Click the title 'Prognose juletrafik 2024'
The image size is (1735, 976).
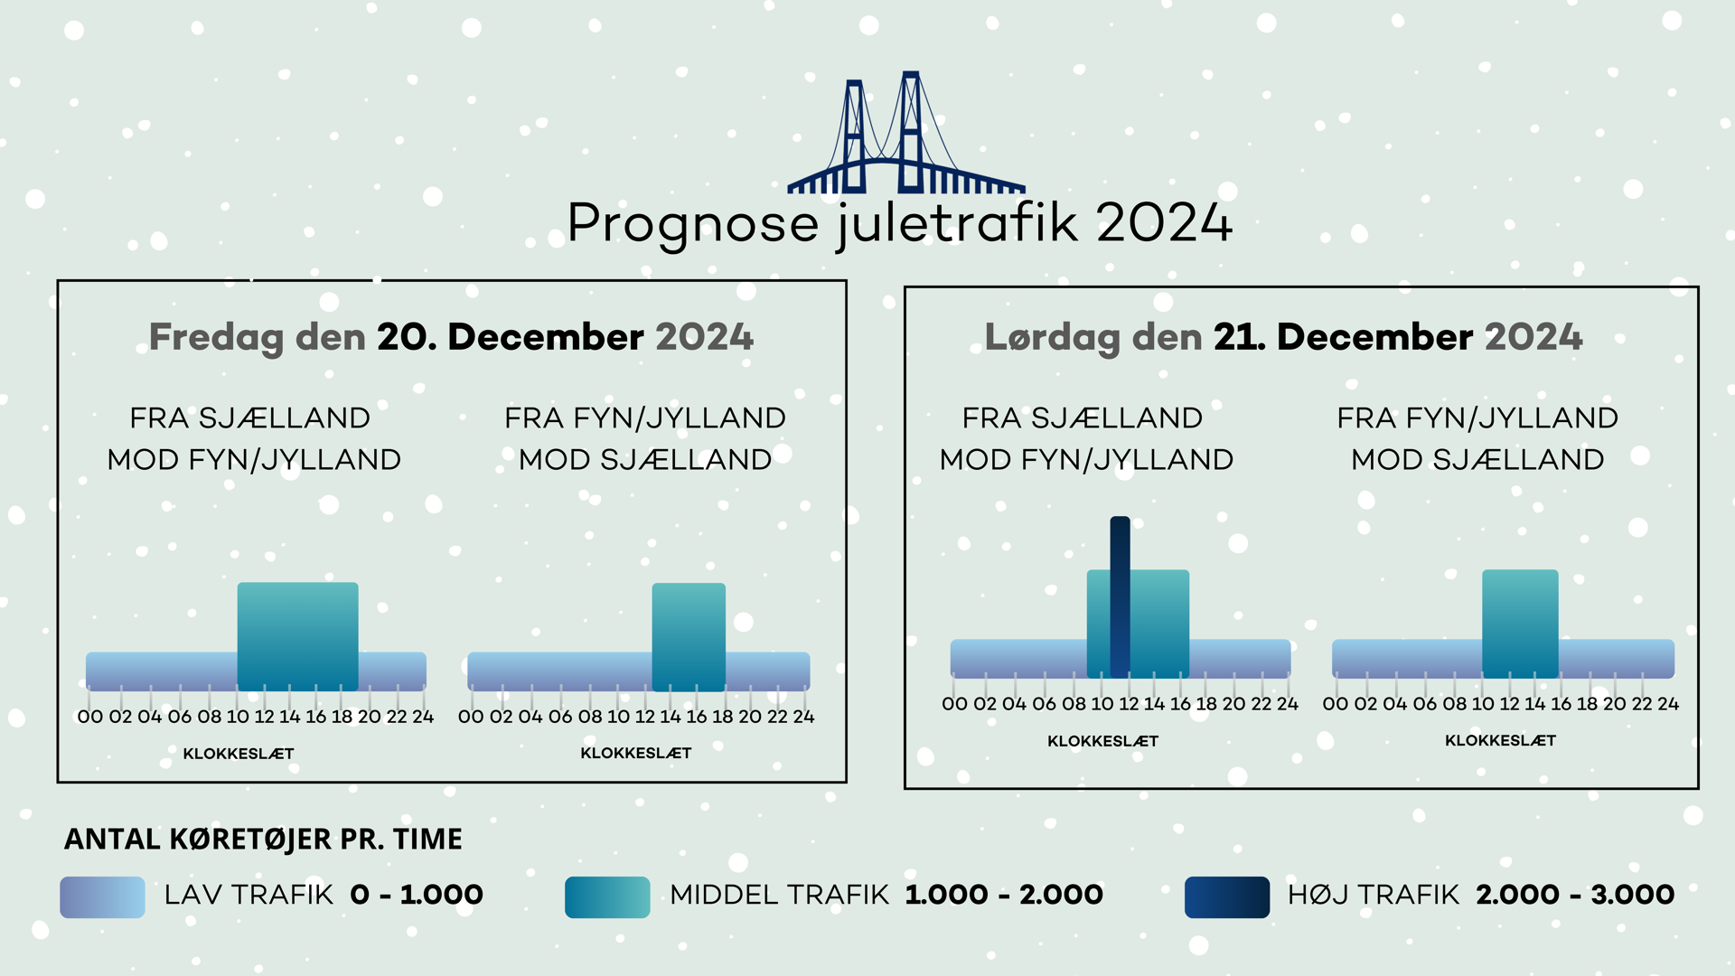coord(900,223)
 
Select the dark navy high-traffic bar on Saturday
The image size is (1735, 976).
coord(1120,596)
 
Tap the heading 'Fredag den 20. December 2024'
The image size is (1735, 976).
coord(451,337)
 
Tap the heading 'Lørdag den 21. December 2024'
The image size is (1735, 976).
coord(1283,337)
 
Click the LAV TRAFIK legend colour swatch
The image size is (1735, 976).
coord(102,897)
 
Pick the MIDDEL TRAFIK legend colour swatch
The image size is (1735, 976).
coord(607,897)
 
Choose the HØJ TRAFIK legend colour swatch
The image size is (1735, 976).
coord(1227,897)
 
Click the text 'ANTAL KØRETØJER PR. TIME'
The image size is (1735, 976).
coord(263,839)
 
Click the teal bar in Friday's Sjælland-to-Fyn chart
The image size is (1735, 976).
coord(297,636)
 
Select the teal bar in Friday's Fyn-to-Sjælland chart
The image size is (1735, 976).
coord(689,637)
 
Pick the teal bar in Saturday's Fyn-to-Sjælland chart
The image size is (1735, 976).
coord(1520,624)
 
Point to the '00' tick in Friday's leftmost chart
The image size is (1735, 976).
coord(90,717)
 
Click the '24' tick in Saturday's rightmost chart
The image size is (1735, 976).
coord(1668,704)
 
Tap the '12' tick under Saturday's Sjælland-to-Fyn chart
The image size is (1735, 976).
coord(1129,704)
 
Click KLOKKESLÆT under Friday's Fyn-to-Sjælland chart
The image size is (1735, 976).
coord(636,753)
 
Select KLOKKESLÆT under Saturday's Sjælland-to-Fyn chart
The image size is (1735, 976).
coord(1102,741)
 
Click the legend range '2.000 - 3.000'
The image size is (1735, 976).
coord(1575,895)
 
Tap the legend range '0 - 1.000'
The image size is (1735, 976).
coord(417,895)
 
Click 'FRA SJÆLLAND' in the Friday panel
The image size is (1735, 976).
coord(249,418)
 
